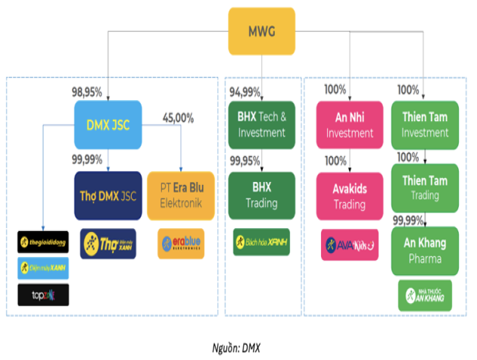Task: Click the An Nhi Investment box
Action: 350,125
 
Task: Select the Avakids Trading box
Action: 350,195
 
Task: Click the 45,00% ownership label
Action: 178,118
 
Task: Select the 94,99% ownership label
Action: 244,92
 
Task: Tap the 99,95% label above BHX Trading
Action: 244,161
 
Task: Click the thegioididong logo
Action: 42,243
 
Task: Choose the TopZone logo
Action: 42,294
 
